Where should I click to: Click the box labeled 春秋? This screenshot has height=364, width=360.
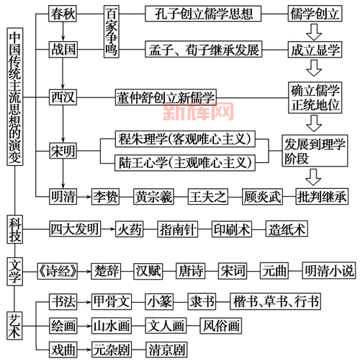[63, 14]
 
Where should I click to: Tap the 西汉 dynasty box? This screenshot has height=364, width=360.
[63, 95]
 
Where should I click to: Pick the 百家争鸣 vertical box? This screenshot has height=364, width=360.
[112, 30]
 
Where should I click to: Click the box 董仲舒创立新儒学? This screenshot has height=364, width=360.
[165, 95]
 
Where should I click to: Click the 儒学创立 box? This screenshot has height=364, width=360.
[312, 14]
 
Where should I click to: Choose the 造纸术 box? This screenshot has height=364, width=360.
[286, 230]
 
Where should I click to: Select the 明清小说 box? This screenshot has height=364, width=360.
[328, 270]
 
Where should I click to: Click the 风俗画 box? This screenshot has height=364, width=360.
[220, 325]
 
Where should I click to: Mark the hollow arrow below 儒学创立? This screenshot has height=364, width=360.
[314, 32]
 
